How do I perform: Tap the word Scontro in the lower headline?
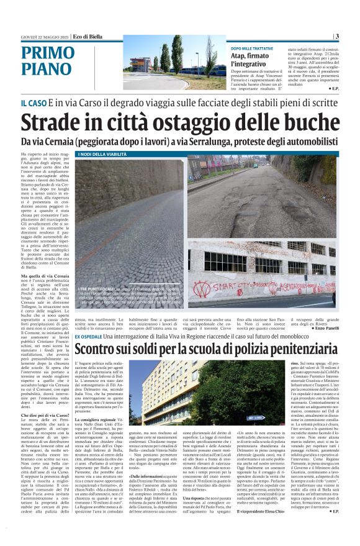99,350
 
